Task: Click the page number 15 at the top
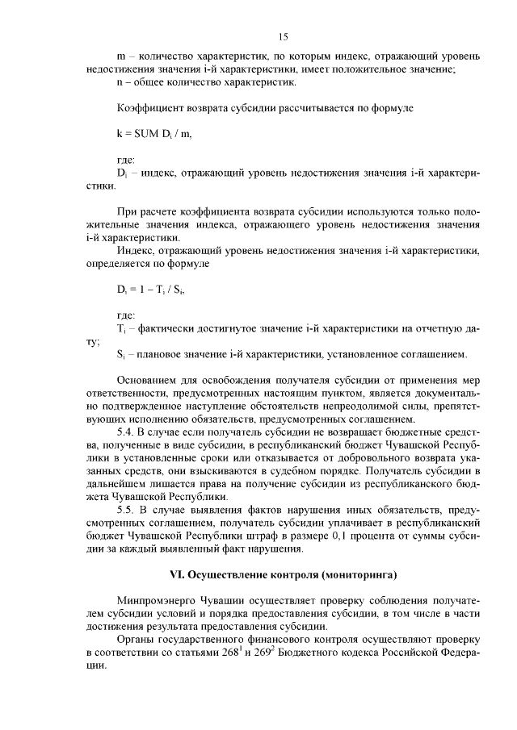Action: click(283, 36)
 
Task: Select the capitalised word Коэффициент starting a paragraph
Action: click(149, 106)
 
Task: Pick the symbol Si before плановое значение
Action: click(120, 354)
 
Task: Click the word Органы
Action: click(136, 640)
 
